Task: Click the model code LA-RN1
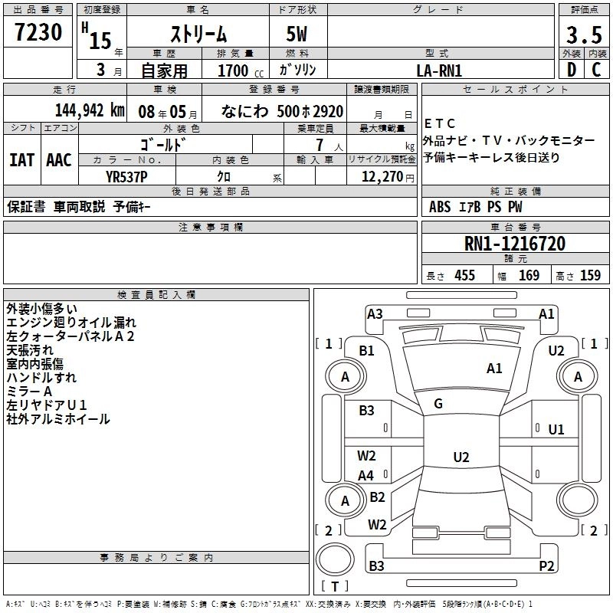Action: (x=439, y=70)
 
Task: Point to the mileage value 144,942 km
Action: (x=90, y=110)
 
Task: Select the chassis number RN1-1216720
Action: (x=515, y=244)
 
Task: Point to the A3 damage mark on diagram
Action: (x=375, y=313)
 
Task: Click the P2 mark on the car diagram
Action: (x=546, y=566)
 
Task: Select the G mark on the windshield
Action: (x=438, y=404)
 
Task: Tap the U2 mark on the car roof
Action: (x=461, y=457)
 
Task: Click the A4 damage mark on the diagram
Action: (x=366, y=476)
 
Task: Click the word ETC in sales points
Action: (x=439, y=123)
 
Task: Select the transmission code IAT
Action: (x=21, y=160)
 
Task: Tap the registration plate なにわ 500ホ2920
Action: (x=282, y=110)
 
